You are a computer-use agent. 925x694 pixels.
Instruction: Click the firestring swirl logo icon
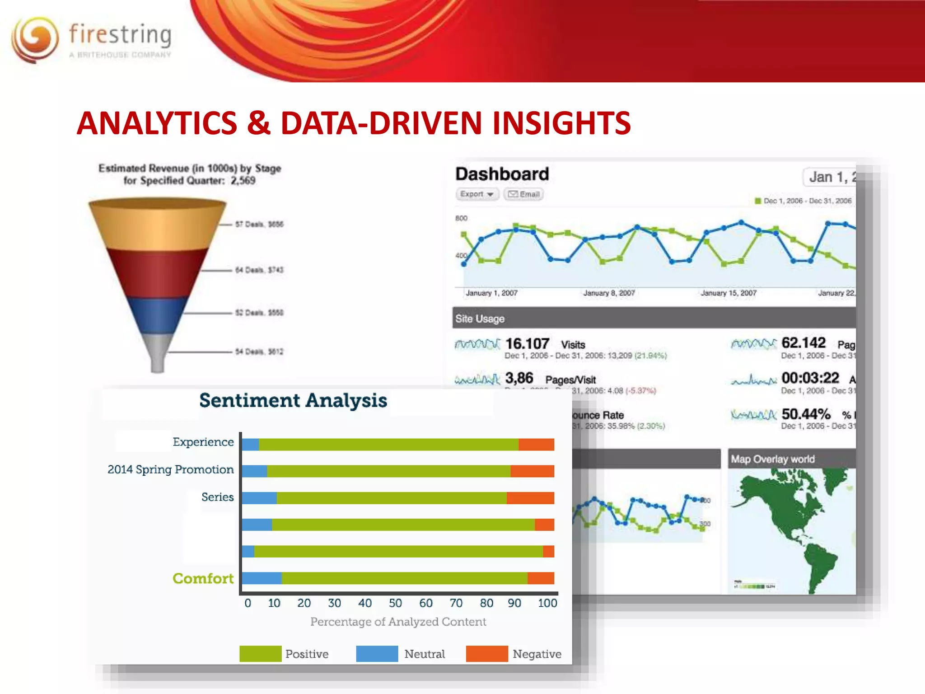click(x=35, y=40)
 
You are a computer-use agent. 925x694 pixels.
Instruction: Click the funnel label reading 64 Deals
click(x=259, y=270)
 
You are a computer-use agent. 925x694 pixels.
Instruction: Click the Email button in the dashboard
click(x=523, y=194)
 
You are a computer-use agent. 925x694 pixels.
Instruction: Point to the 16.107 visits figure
click(x=527, y=344)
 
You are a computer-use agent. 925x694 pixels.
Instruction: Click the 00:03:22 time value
click(x=810, y=378)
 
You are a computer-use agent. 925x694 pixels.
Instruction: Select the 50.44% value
click(x=806, y=414)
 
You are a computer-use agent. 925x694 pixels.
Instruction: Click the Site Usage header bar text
click(x=480, y=319)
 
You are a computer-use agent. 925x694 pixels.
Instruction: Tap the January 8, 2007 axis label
click(x=609, y=293)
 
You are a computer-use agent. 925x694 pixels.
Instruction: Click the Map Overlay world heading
click(x=772, y=459)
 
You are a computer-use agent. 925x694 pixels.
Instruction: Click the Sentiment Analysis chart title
click(x=293, y=401)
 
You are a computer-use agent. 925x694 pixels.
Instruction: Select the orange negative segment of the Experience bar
click(x=536, y=445)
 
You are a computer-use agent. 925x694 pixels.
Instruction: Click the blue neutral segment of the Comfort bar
click(x=262, y=578)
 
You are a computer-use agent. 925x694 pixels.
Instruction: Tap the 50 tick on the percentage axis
click(x=395, y=603)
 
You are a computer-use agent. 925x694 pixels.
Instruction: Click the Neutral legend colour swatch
click(x=377, y=654)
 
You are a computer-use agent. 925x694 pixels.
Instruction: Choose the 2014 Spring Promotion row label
click(x=170, y=470)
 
